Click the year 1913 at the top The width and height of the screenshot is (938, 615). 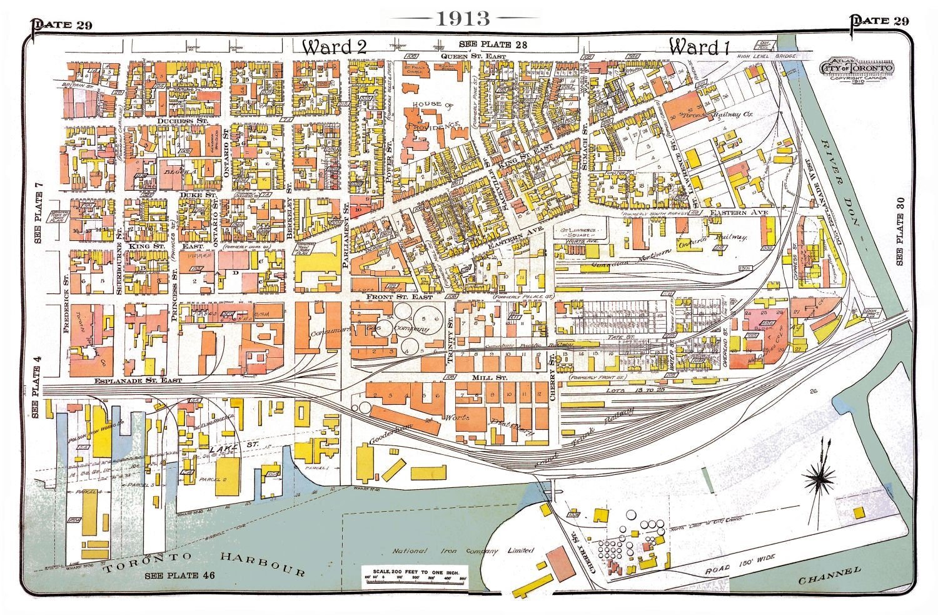tap(463, 18)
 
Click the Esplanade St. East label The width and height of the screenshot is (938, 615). tap(138, 380)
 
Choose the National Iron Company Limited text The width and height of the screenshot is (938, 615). tap(463, 551)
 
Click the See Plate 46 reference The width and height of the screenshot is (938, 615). tap(179, 576)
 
